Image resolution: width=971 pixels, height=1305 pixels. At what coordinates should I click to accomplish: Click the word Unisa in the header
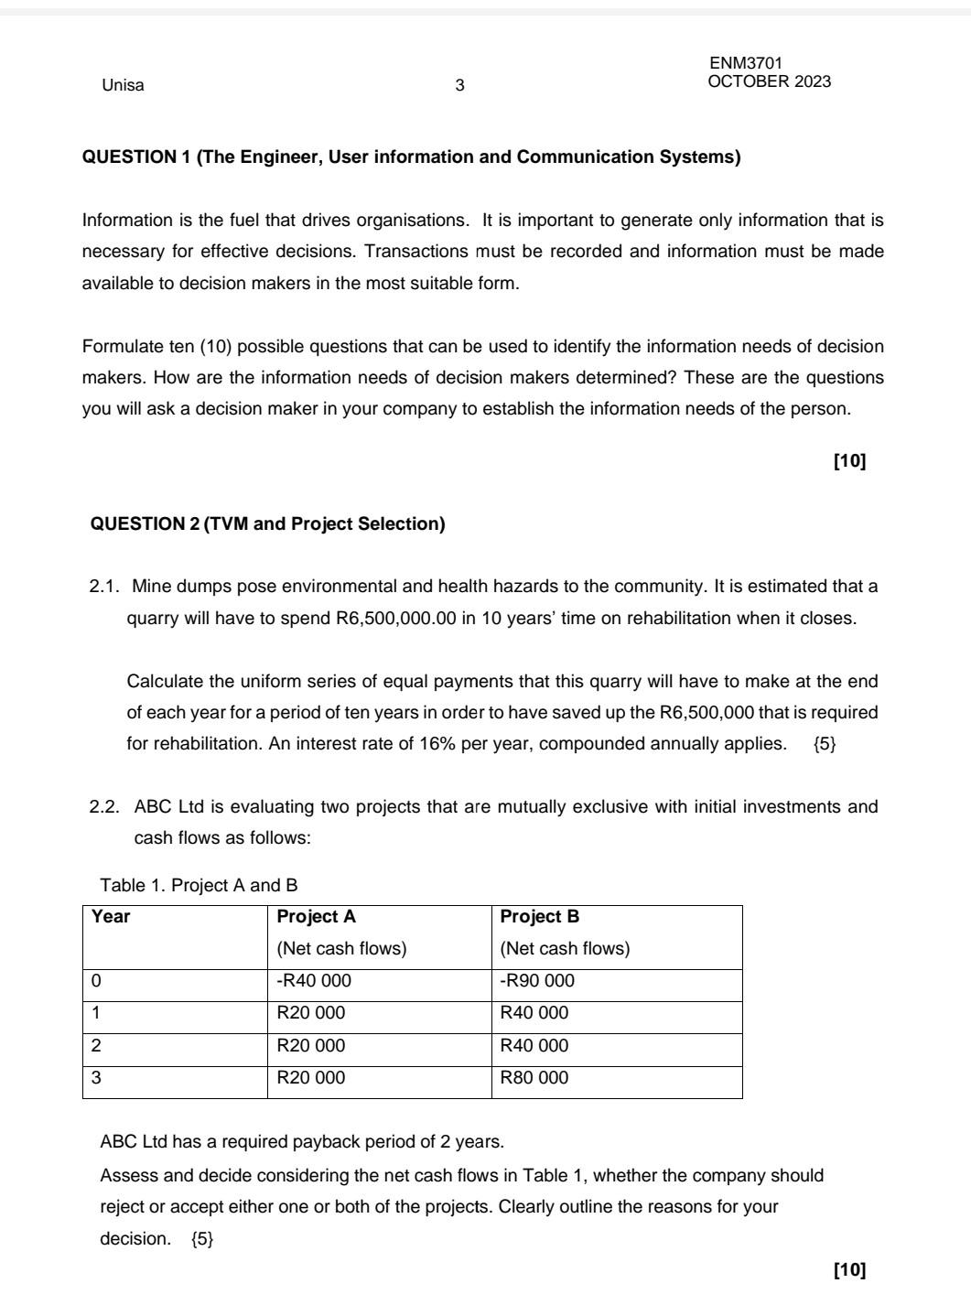(123, 86)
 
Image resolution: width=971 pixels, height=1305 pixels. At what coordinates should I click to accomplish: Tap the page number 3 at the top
(459, 86)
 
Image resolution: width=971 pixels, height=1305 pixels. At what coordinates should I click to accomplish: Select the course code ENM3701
(746, 63)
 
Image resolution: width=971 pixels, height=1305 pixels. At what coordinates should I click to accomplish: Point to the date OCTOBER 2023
(769, 81)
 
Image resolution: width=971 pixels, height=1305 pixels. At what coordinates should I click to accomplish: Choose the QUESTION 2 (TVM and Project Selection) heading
(267, 523)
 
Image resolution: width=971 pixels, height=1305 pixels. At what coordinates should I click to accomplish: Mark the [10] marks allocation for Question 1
(848, 461)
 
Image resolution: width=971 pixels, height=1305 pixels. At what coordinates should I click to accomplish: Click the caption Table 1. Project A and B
(199, 885)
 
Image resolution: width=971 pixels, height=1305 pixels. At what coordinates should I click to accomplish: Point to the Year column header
(111, 916)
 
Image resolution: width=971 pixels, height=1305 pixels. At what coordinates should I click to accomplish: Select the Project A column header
(316, 916)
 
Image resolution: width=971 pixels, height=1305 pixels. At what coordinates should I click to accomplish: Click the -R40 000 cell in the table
(313, 981)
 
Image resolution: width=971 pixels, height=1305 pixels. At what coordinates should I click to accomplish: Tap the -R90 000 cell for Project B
(537, 981)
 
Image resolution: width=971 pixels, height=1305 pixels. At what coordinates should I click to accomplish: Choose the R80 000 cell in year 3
(534, 1077)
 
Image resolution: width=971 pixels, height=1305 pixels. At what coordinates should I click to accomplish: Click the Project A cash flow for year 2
(311, 1045)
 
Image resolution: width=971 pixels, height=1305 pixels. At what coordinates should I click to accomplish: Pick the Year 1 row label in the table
(96, 1013)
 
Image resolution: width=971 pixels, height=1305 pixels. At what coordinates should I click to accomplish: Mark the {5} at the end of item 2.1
(824, 744)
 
